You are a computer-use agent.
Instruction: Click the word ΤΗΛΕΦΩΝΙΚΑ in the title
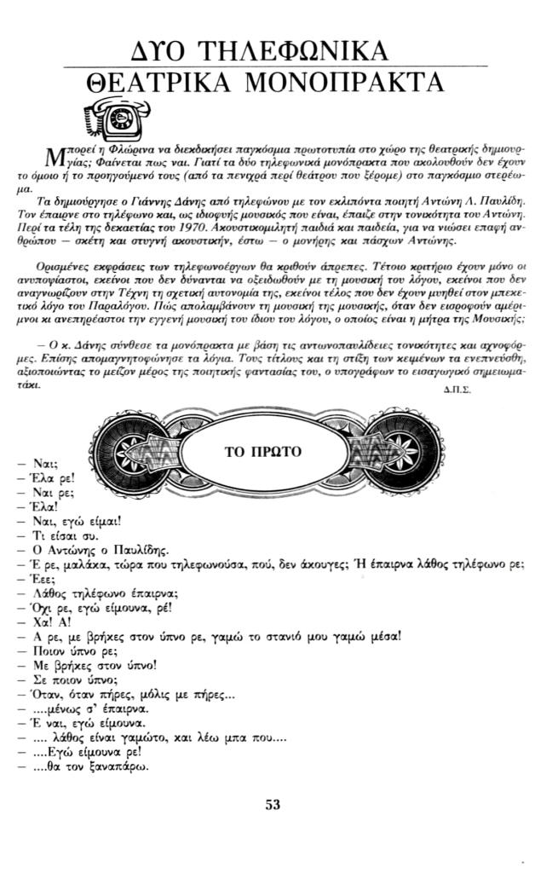(x=291, y=49)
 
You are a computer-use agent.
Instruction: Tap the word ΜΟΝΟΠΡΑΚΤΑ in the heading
(x=354, y=84)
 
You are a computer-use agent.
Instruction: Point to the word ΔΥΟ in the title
(x=150, y=49)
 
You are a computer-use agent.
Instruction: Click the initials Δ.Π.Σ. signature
(x=458, y=388)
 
